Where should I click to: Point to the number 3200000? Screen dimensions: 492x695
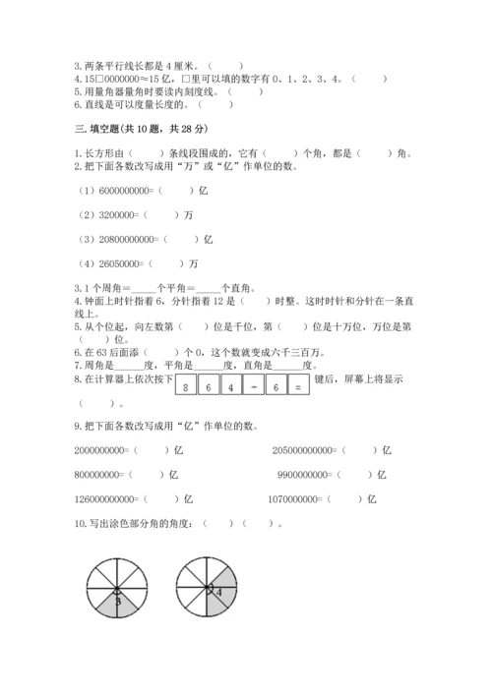113,215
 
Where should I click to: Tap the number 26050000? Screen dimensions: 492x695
117,262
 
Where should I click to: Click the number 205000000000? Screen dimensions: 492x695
307,450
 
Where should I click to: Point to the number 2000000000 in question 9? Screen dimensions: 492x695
99,450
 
